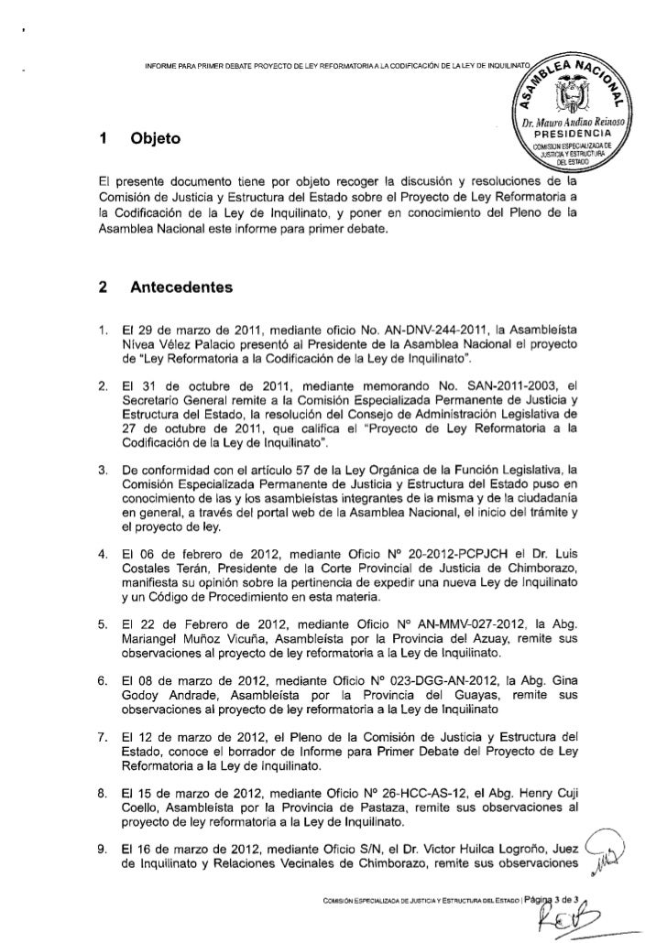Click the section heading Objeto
pyautogui.click(x=156, y=140)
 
